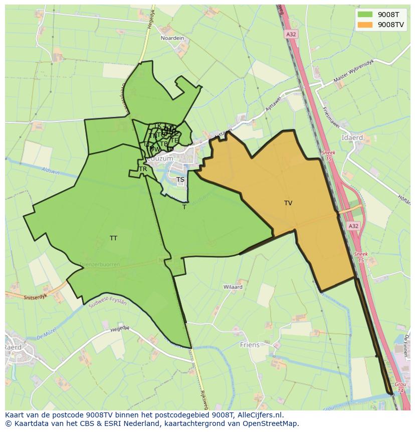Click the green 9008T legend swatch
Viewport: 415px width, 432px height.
pyautogui.click(x=364, y=15)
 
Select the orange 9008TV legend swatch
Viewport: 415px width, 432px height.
pyautogui.click(x=364, y=25)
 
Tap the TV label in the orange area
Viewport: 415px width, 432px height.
pyautogui.click(x=288, y=203)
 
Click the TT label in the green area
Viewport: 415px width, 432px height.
pyautogui.click(x=113, y=238)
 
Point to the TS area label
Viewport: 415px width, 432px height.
pyautogui.click(x=180, y=180)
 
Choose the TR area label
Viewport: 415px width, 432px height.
pyautogui.click(x=143, y=169)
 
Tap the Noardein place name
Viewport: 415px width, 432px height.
pyautogui.click(x=172, y=38)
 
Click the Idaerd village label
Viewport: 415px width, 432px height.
pyautogui.click(x=351, y=137)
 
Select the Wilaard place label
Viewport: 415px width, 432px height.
pyautogui.click(x=233, y=287)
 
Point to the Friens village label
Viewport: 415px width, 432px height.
pyautogui.click(x=250, y=345)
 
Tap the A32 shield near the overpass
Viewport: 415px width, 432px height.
pyautogui.click(x=353, y=226)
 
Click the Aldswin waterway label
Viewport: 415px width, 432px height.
pyautogui.click(x=51, y=171)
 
